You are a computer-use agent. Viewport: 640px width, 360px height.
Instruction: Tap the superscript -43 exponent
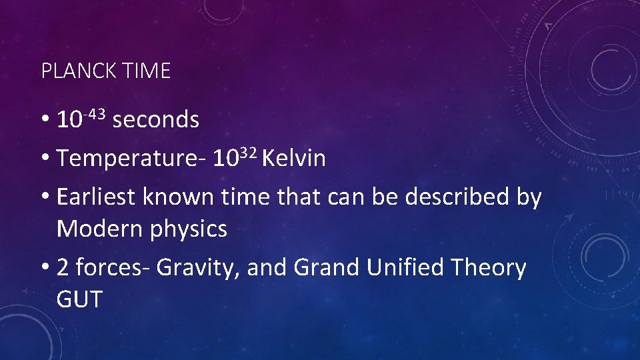pos(95,114)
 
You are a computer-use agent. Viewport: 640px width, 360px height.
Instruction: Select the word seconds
pos(156,120)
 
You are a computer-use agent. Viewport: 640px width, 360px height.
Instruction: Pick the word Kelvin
pos(294,159)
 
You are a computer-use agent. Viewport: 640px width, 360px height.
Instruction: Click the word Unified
pos(406,267)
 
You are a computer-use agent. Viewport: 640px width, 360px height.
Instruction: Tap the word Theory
pos(489,268)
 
